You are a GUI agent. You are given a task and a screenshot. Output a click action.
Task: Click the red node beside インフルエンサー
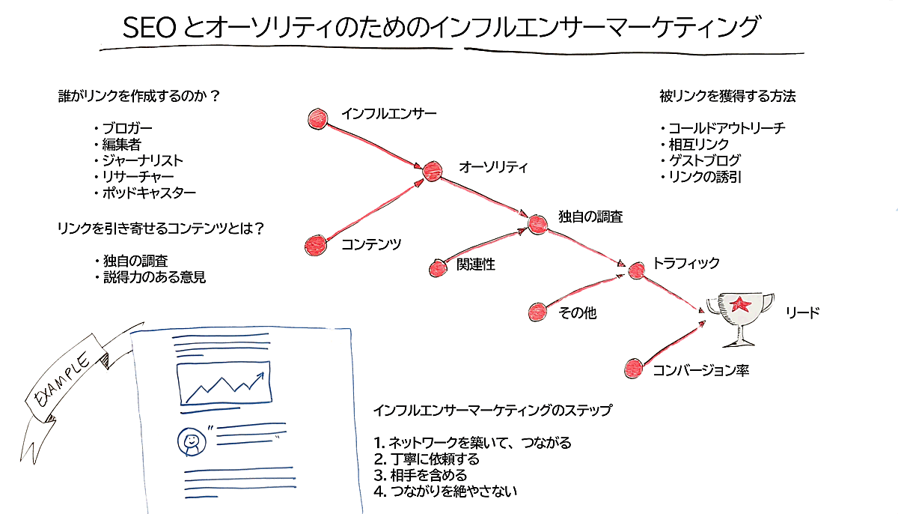click(318, 118)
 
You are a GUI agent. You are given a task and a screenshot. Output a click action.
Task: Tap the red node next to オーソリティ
click(432, 172)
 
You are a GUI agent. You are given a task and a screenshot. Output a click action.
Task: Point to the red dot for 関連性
click(439, 267)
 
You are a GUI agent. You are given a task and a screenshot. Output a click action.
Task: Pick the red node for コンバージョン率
click(633, 369)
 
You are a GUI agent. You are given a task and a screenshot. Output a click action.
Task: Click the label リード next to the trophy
click(802, 312)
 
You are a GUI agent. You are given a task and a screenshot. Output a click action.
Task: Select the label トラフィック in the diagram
click(686, 263)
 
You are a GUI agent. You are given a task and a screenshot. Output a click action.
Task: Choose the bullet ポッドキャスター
click(149, 193)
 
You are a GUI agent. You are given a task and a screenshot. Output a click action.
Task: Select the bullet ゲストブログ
click(704, 160)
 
